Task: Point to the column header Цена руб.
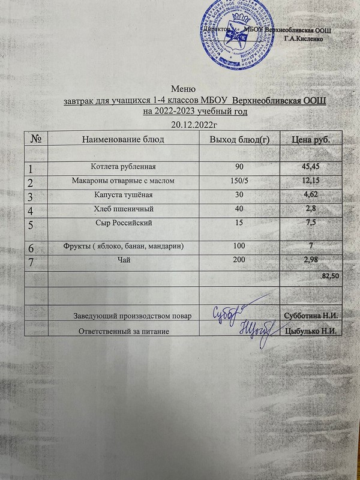(x=311, y=140)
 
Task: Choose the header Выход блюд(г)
(x=238, y=140)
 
